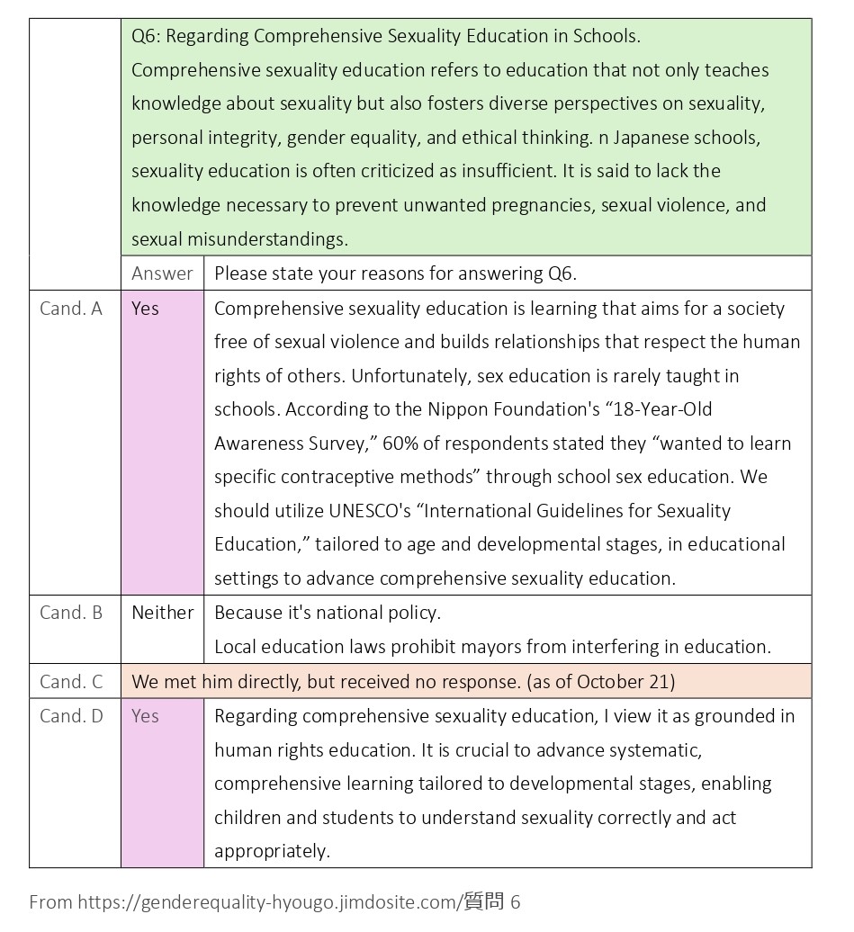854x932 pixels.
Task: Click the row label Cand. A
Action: tap(71, 309)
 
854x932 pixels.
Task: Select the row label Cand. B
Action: tap(71, 613)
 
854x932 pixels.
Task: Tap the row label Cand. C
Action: tap(71, 682)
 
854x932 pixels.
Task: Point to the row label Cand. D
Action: tap(71, 716)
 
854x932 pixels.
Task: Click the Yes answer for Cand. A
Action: tap(145, 309)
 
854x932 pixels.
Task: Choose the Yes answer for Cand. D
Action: tap(145, 716)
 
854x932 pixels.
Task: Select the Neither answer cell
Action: tap(163, 613)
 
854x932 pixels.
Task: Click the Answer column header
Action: tap(162, 273)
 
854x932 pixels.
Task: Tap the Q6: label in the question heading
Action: tap(147, 37)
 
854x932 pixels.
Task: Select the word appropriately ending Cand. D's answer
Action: tap(271, 851)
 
